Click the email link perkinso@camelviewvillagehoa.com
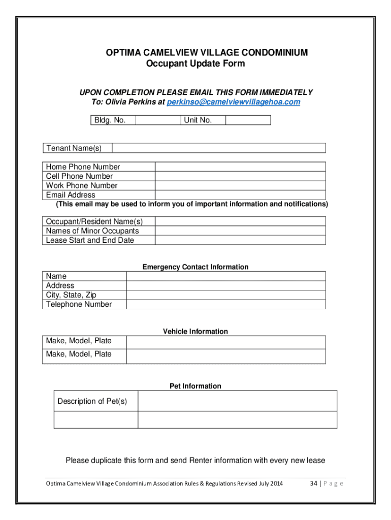point(233,102)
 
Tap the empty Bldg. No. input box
point(158,120)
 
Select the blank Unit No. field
point(247,120)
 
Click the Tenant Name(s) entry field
point(218,148)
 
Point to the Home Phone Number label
point(83,167)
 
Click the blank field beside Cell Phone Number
point(240,176)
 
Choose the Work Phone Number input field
point(240,186)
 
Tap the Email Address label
point(71,195)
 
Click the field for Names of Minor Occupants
point(240,231)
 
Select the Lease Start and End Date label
point(90,240)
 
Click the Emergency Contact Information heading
point(195,267)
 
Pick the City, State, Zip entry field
point(225,295)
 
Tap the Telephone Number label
point(79,304)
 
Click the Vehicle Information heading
point(195,332)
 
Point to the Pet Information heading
point(195,386)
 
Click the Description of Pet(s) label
point(92,401)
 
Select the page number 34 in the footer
point(314,483)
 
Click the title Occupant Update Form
point(195,64)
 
